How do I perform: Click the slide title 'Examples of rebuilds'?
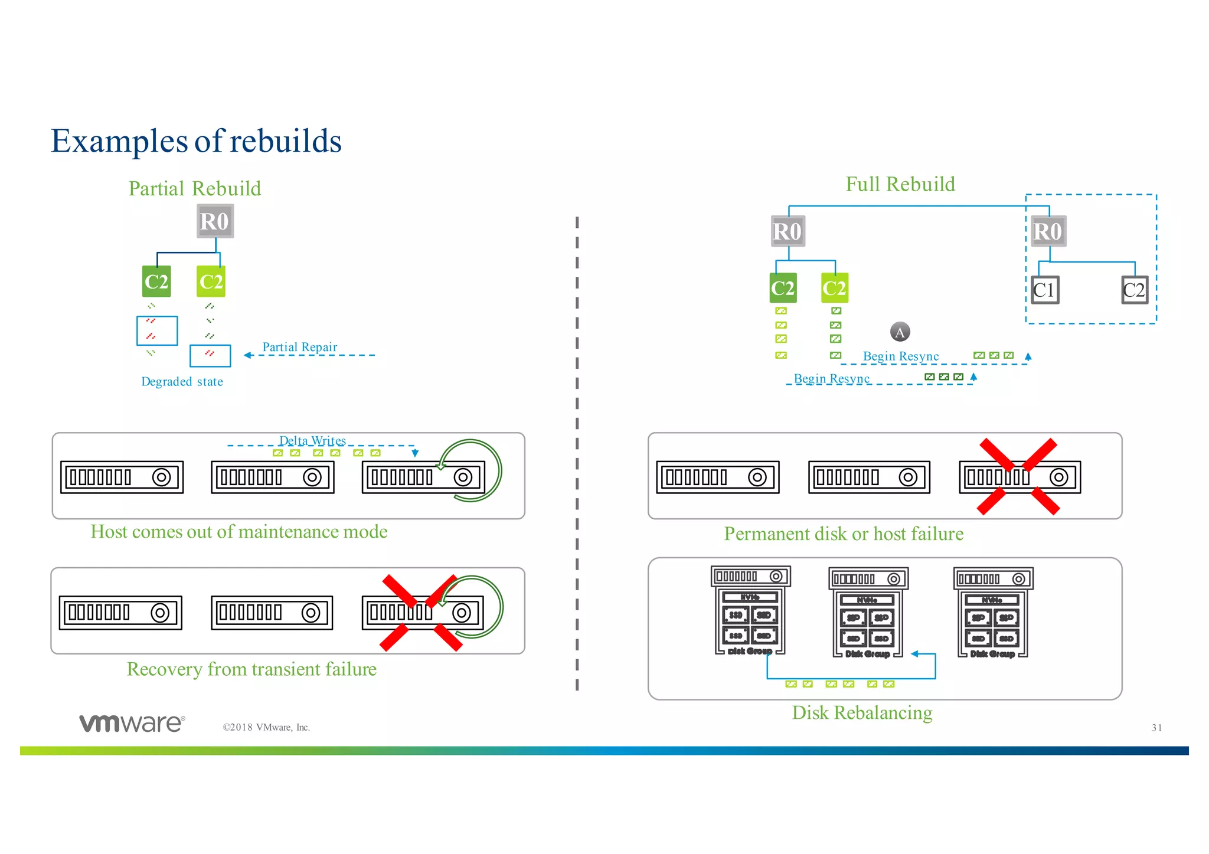click(196, 140)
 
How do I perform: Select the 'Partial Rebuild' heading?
click(195, 188)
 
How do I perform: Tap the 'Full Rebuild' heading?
click(900, 184)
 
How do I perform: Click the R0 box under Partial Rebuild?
click(215, 221)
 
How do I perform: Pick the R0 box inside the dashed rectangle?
click(1048, 231)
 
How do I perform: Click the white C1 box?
click(1044, 290)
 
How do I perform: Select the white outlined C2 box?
click(1134, 290)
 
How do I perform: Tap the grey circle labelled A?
click(900, 332)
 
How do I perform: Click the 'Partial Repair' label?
click(299, 347)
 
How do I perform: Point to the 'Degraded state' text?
click(182, 382)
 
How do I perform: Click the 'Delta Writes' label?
click(312, 440)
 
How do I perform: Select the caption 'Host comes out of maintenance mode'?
click(239, 532)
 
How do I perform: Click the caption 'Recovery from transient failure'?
click(251, 669)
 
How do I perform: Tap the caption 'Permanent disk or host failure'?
click(844, 534)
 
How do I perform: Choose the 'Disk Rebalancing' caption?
click(862, 713)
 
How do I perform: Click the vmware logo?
click(132, 723)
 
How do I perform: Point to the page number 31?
click(1156, 728)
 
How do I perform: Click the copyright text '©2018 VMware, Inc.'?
click(266, 728)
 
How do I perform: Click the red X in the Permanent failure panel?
click(1018, 476)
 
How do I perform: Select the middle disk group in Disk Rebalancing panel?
click(868, 614)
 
